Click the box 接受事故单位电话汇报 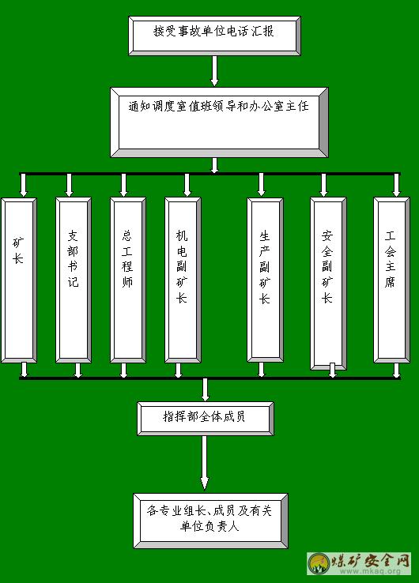pos(214,36)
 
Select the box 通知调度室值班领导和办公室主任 pos(219,122)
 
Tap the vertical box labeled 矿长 pos(19,280)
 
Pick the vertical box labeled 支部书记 pos(74,280)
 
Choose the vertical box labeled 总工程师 pos(127,280)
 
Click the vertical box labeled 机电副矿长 pos(183,280)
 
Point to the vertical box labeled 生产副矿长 pos(265,280)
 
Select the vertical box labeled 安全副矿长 pos(328,284)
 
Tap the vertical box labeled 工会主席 pos(391,280)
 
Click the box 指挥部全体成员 pos(206,418)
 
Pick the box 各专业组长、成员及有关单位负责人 pos(210,521)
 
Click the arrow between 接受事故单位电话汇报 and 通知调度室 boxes pos(214,71)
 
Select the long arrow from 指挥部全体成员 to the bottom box pos(204,463)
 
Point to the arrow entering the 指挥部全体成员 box pos(205,389)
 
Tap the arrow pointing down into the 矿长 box pos(24,185)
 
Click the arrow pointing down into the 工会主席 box pos(397,185)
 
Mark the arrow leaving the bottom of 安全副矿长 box pos(333,370)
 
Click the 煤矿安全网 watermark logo pos(360,564)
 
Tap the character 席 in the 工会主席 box pos(390,282)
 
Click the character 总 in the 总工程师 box pos(127,235)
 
